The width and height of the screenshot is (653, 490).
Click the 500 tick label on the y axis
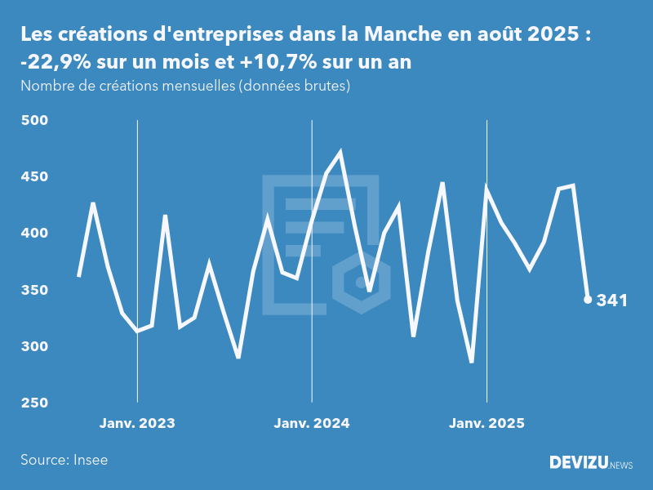35,120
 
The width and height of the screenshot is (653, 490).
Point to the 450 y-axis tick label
35,176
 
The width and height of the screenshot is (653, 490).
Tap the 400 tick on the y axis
35,234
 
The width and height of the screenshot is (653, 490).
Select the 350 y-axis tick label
35,290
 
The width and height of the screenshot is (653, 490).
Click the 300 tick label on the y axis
35,346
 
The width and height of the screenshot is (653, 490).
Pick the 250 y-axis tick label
35,403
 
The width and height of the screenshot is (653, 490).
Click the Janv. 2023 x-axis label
137,423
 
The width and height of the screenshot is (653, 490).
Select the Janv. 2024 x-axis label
312,423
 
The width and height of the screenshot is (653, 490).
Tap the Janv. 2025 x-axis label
486,423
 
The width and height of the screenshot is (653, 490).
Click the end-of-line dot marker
588,300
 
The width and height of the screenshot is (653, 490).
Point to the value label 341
612,301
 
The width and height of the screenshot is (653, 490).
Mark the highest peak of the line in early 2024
340,152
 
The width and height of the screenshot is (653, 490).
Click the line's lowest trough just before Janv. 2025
472,362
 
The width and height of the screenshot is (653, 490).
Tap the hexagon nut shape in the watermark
360,283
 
